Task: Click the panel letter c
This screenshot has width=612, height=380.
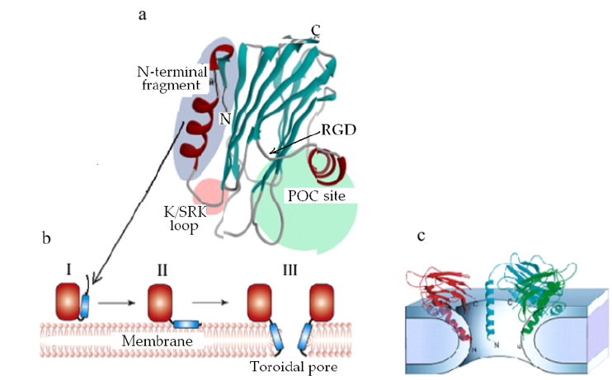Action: pos(421,237)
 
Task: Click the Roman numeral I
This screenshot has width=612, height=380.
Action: pos(69,269)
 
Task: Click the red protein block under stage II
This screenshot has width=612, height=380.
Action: pos(162,303)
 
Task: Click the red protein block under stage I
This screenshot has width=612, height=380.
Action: pos(69,303)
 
